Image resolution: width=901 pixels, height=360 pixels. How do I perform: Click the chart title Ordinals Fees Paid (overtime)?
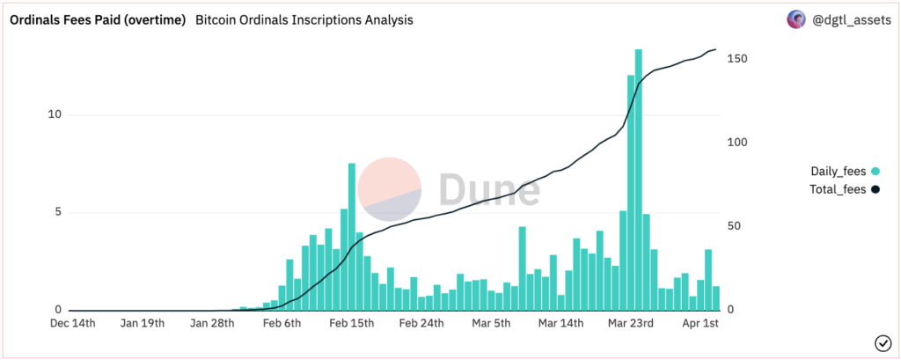click(97, 19)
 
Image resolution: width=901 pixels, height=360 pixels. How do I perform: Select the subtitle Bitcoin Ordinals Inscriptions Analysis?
click(304, 19)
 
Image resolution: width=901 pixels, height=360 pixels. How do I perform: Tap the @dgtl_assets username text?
click(849, 19)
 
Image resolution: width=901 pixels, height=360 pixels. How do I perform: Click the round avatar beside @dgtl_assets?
click(795, 19)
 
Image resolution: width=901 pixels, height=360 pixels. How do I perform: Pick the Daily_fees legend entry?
click(838, 172)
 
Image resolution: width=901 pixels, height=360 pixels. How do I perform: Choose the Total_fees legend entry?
click(838, 189)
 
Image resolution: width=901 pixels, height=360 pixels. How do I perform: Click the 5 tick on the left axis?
click(57, 212)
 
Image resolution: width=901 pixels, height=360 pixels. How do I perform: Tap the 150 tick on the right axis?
click(737, 58)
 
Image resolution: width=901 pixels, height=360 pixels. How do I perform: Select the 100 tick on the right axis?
click(737, 143)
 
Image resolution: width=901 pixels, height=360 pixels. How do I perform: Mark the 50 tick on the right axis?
click(735, 226)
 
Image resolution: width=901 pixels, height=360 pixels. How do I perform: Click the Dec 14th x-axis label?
click(72, 324)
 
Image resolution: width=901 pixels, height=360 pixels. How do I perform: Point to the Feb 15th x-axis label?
click(351, 324)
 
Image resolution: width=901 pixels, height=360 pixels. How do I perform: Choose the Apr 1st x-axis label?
click(701, 324)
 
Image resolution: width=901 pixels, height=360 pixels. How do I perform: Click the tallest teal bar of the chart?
click(638, 176)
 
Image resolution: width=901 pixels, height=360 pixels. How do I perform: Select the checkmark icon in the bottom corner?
click(882, 343)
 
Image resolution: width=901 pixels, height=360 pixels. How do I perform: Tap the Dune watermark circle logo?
click(388, 188)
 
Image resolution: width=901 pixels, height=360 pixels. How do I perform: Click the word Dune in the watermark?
click(489, 188)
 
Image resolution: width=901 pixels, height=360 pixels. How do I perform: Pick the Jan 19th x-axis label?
click(142, 324)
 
